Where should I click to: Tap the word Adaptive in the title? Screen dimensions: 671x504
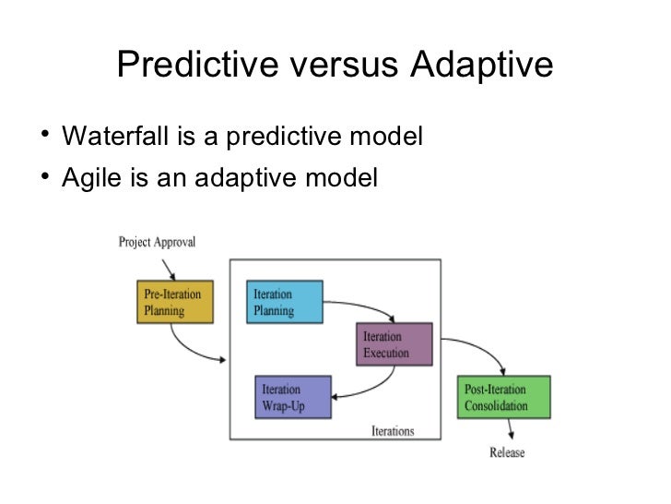(x=480, y=65)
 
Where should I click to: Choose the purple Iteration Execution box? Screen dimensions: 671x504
(x=393, y=345)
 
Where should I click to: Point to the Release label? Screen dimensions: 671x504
(x=507, y=452)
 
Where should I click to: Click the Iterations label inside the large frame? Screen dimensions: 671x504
(x=394, y=431)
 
